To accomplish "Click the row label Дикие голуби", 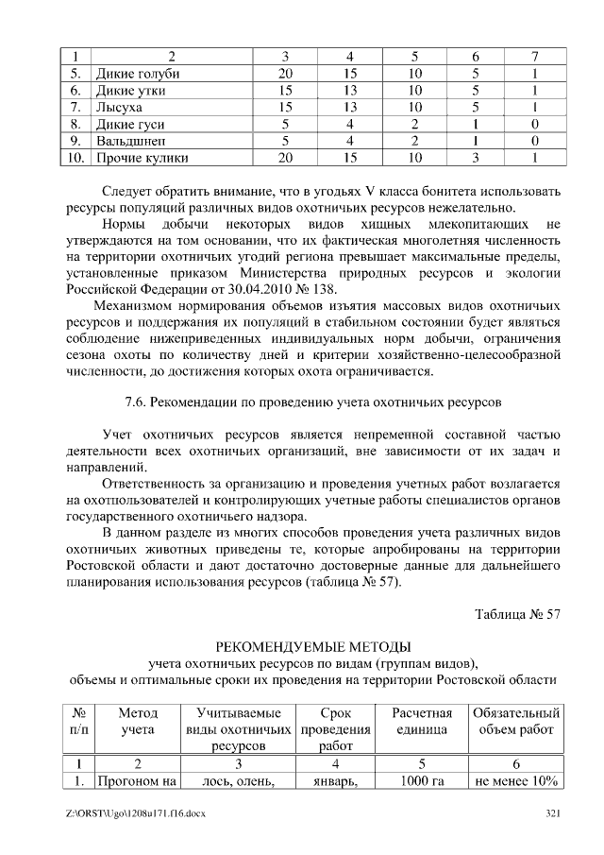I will tap(137, 74).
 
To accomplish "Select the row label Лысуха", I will tap(119, 108).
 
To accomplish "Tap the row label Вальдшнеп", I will tap(131, 141).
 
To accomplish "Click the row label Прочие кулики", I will tap(143, 158).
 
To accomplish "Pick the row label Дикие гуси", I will tap(130, 125).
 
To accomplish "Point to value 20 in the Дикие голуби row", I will tap(285, 74).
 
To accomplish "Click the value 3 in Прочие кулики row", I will tap(477, 158).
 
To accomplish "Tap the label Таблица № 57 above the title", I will tap(517, 615).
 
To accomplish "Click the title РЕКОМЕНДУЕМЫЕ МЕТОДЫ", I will tap(313, 646).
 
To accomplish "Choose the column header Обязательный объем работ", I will tap(516, 721).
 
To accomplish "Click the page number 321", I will tap(553, 815).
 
